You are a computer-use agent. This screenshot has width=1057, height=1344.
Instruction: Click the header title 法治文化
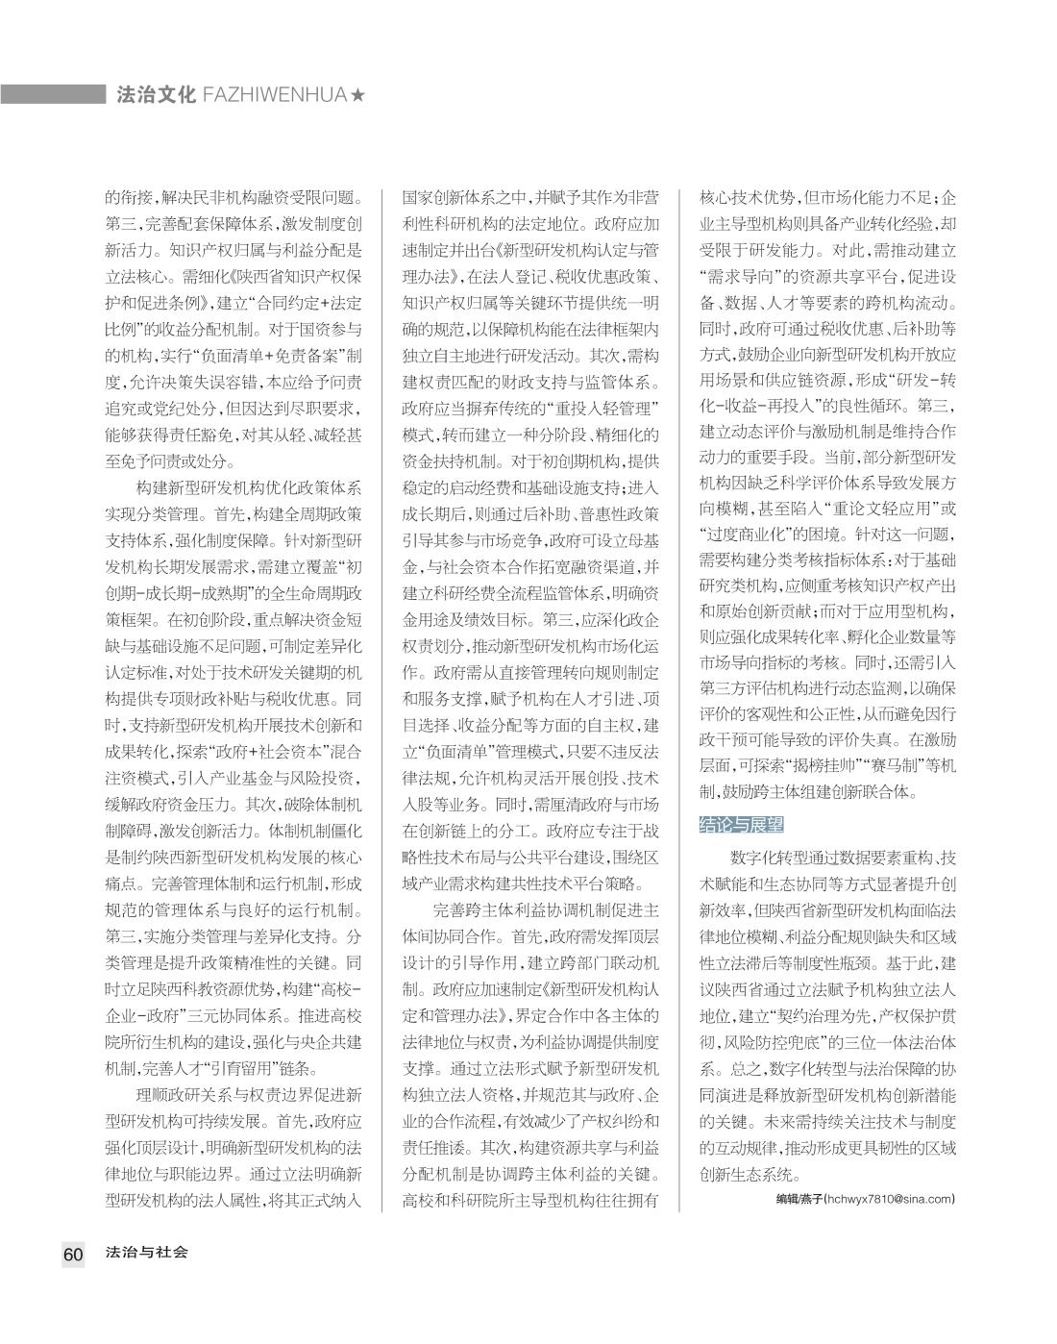155,95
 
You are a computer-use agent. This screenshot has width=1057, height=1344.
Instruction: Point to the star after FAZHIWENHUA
357,95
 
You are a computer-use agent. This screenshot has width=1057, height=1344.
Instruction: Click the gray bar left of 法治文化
53,94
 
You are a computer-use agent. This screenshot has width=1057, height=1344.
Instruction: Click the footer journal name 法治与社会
147,1253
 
